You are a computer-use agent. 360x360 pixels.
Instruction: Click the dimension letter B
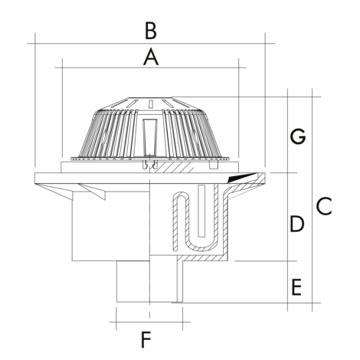150,31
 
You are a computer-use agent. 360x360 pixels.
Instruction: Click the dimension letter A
151,57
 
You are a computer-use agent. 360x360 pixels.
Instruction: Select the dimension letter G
298,136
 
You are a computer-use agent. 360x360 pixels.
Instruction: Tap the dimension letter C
324,206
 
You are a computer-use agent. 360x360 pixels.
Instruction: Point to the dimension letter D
297,224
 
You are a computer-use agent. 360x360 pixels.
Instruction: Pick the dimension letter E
296,287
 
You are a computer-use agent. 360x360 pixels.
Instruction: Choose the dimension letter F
146,339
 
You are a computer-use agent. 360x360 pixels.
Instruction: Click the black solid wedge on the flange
241,178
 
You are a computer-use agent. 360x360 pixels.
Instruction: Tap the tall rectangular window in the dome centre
150,137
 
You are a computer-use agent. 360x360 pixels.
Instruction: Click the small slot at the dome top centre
151,103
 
